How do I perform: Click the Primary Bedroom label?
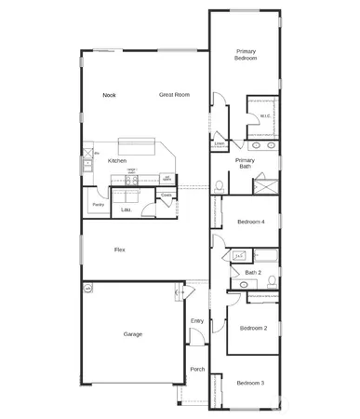(245, 54)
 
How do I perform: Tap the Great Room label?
(174, 94)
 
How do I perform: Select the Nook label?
(109, 94)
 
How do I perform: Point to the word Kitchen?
(117, 161)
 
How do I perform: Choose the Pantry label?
(99, 204)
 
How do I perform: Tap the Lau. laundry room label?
(126, 209)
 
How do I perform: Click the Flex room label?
(120, 250)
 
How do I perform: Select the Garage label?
(133, 333)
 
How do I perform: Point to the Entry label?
(197, 321)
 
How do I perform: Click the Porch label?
(197, 369)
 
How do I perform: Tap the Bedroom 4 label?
(251, 222)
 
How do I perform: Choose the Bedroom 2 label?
(253, 328)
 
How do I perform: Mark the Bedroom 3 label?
(250, 383)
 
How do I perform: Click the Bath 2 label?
(253, 272)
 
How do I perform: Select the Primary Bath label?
(245, 164)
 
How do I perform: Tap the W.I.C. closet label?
(264, 116)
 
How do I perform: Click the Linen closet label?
(220, 143)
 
